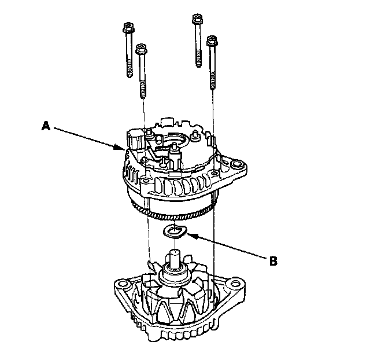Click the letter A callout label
[45, 124]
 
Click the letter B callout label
[273, 260]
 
